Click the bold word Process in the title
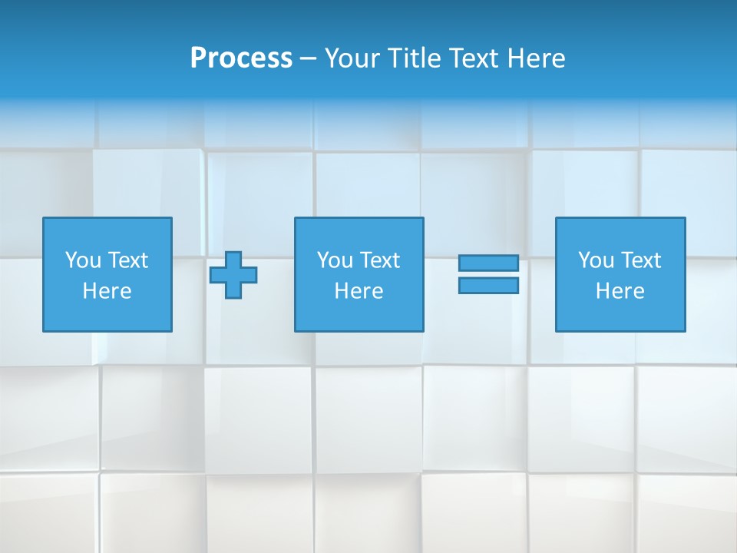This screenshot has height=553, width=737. click(241, 58)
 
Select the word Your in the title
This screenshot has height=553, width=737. click(348, 58)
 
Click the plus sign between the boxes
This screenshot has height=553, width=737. click(233, 275)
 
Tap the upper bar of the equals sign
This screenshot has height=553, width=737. click(488, 263)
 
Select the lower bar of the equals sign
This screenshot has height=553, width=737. click(488, 286)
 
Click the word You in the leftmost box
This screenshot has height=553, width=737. click(83, 260)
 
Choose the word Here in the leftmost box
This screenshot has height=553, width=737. click(107, 291)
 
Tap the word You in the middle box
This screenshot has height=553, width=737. click(335, 260)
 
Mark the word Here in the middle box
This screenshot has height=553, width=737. click(359, 291)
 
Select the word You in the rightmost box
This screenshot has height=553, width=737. click(596, 260)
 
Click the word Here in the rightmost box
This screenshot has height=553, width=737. click(620, 291)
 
